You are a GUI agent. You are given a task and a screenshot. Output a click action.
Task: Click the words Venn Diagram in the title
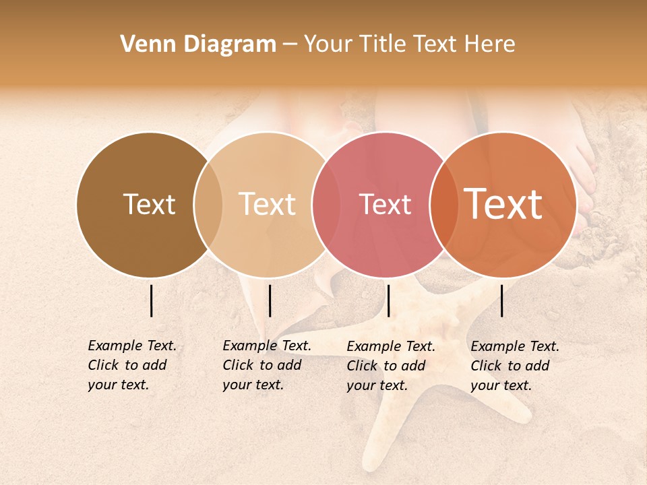coord(198,44)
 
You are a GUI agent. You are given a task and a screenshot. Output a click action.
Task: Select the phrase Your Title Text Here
coord(409,44)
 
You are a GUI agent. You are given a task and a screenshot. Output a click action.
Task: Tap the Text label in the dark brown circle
coord(149,205)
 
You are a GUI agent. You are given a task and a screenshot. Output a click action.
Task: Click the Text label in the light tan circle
coord(268,205)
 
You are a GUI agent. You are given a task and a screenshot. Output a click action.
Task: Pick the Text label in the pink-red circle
coord(385,205)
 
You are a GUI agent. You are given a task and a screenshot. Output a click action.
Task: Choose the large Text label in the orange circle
coord(503,204)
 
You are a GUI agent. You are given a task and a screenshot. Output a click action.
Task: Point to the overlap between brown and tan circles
coord(208,205)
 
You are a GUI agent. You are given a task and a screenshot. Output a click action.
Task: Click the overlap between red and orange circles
coord(443,205)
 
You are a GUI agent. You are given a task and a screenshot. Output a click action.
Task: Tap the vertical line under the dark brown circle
coord(152,300)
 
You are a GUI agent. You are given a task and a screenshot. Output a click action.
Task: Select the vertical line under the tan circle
coord(270,300)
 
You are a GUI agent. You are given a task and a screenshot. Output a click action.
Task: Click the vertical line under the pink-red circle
coord(389,300)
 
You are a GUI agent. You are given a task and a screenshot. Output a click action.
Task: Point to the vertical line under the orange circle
coord(502,300)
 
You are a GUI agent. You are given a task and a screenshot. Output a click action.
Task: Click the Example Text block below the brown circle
coord(132,365)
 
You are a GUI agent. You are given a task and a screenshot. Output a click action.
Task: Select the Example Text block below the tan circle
coord(267,365)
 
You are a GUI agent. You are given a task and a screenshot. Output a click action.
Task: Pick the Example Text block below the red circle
coord(391,366)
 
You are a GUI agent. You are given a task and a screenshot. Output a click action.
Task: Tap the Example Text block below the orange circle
coord(515,366)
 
